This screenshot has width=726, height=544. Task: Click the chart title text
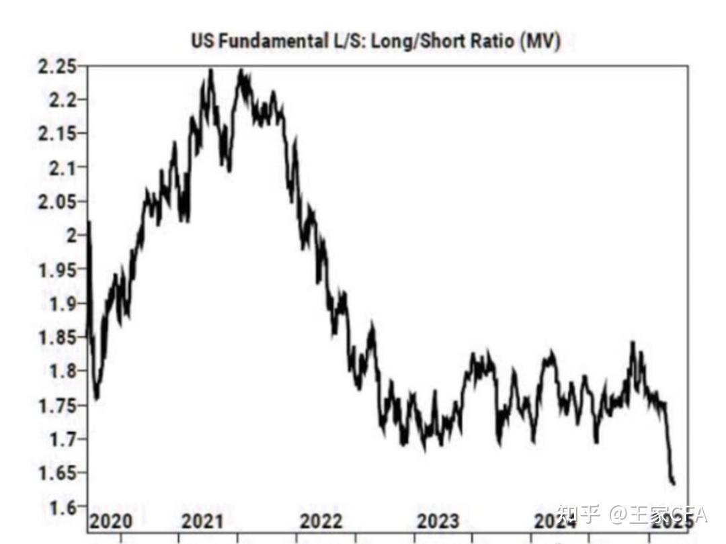pyautogui.click(x=375, y=41)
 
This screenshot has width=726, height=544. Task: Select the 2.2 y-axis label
pyautogui.click(x=61, y=100)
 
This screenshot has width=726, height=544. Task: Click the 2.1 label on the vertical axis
pyautogui.click(x=61, y=167)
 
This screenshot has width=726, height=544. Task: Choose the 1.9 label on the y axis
pyautogui.click(x=61, y=303)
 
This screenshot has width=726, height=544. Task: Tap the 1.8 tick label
pyautogui.click(x=61, y=371)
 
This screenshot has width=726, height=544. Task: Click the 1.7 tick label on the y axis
pyautogui.click(x=61, y=439)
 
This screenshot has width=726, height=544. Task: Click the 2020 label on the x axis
pyautogui.click(x=111, y=521)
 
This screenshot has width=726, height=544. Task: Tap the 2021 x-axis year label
pyautogui.click(x=203, y=521)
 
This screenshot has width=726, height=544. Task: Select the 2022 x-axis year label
pyautogui.click(x=321, y=521)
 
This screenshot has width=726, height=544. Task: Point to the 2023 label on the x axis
pyautogui.click(x=438, y=521)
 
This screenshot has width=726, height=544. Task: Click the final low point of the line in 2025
pyautogui.click(x=673, y=483)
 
